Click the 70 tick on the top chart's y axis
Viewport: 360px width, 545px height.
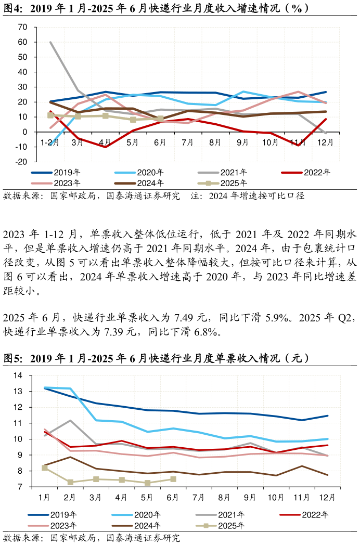coord(22,27)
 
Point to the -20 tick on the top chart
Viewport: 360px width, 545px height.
coord(21,162)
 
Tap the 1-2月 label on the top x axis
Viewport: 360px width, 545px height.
coord(50,142)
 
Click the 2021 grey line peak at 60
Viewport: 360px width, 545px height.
coord(50,42)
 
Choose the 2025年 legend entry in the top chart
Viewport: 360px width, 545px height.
coord(222,183)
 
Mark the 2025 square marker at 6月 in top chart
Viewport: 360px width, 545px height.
coord(161,119)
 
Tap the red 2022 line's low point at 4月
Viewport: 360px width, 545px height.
coord(106,147)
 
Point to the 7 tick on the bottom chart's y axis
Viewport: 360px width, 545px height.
coord(20,487)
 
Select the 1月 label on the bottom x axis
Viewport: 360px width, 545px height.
coord(45,497)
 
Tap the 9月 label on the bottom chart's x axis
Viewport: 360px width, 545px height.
coord(250,497)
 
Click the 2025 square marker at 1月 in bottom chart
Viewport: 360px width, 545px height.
coord(45,468)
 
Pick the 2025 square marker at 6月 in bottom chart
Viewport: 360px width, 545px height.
coord(173,479)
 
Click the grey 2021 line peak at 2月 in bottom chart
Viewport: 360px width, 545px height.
coord(70,420)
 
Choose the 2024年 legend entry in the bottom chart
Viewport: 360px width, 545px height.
coord(136,526)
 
